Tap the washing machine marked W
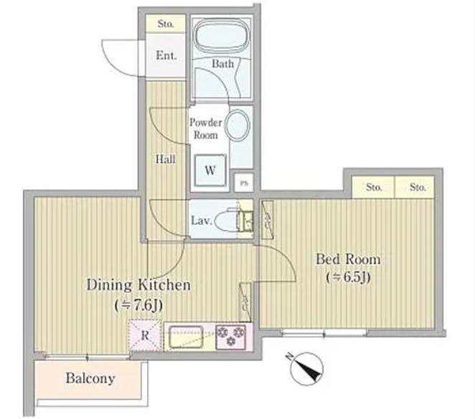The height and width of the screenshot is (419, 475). coord(210,170)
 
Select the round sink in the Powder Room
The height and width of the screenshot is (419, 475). coord(238,125)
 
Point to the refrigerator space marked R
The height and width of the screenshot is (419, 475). coord(145,335)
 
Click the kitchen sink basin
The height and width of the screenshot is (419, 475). coord(186,337)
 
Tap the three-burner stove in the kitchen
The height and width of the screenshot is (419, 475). coord(231,337)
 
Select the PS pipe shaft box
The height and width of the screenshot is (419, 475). coord(244,183)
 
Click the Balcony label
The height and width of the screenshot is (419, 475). coord(90,378)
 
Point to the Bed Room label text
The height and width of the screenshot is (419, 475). coord(348,259)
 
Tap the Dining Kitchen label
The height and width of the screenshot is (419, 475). coord(138,285)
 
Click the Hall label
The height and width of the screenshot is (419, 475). coord(166,159)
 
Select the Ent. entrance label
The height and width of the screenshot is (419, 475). coord(166,55)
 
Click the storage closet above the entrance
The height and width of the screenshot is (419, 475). coord(166,23)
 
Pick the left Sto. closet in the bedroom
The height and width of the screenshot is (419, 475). coord(373,187)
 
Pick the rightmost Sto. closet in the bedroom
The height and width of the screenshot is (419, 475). coord(415,187)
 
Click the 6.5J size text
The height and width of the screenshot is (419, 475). coord(349,277)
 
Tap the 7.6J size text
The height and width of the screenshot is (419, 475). coord(138,305)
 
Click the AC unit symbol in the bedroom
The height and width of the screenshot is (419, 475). coord(268,220)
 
